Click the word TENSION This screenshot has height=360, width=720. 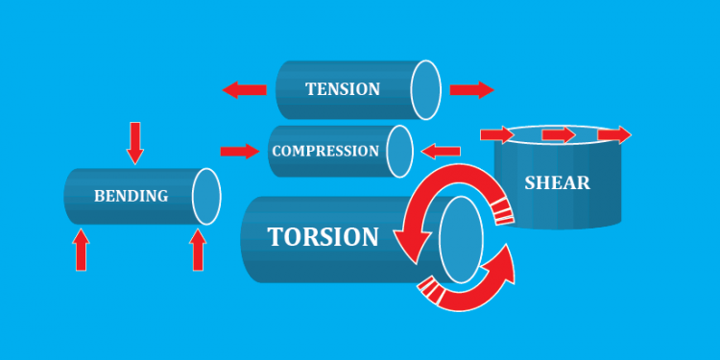coord(343,89)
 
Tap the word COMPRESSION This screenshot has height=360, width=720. coord(325,151)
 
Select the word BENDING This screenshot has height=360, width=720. coord(131,196)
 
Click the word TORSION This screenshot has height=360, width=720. coord(323,236)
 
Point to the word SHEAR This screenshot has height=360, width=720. coord(557,181)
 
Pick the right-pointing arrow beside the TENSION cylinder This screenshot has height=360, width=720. coord(470,90)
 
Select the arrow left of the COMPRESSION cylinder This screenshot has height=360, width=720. coord(239,151)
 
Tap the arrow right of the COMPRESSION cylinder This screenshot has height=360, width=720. coord(442,151)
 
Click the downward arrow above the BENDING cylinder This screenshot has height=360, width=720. coord(135,142)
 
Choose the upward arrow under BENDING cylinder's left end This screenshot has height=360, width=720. coord(81,249)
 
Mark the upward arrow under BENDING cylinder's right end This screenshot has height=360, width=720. coord(198,251)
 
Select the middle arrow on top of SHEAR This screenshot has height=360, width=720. coord(558,135)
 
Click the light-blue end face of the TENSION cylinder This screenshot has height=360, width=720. coord(425,89)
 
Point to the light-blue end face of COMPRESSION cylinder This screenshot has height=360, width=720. coord(399,152)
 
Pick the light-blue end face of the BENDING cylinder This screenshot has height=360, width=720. coord(206,196)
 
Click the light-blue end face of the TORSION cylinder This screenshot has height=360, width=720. coord(460,239)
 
